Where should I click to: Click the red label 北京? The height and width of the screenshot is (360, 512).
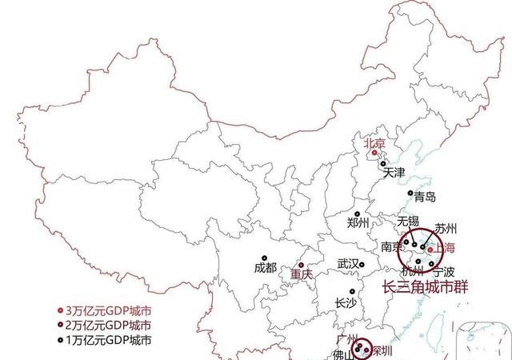tap(374, 145)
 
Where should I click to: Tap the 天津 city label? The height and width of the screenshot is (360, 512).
tap(394, 172)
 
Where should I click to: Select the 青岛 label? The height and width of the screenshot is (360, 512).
tap(425, 196)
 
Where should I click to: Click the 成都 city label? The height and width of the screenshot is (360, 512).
tap(264, 268)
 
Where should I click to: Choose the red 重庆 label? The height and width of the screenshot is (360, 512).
tap(302, 274)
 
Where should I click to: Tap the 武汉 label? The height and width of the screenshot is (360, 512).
tap(347, 263)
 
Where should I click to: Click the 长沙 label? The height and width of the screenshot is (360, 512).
tap(346, 302)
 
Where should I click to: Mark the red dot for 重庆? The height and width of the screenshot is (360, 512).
tap(301, 264)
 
